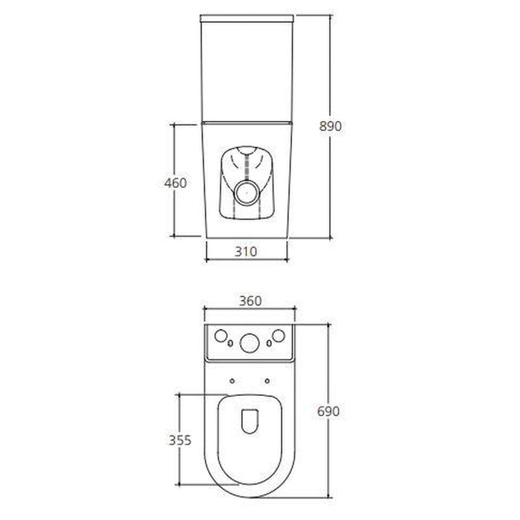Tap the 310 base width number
pyautogui.click(x=246, y=251)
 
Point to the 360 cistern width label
pyautogui.click(x=250, y=301)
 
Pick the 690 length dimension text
pyautogui.click(x=329, y=411)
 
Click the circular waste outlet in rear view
pyautogui.click(x=246, y=195)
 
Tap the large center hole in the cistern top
pyautogui.click(x=250, y=342)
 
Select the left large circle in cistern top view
pyautogui.click(x=220, y=337)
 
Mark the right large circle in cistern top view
pyautogui.click(x=279, y=337)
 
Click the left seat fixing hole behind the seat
pyautogui.click(x=233, y=381)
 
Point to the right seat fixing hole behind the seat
pyautogui.click(x=266, y=381)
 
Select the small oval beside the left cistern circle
pyautogui.click(x=230, y=343)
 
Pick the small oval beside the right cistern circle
pyautogui.click(x=269, y=343)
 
